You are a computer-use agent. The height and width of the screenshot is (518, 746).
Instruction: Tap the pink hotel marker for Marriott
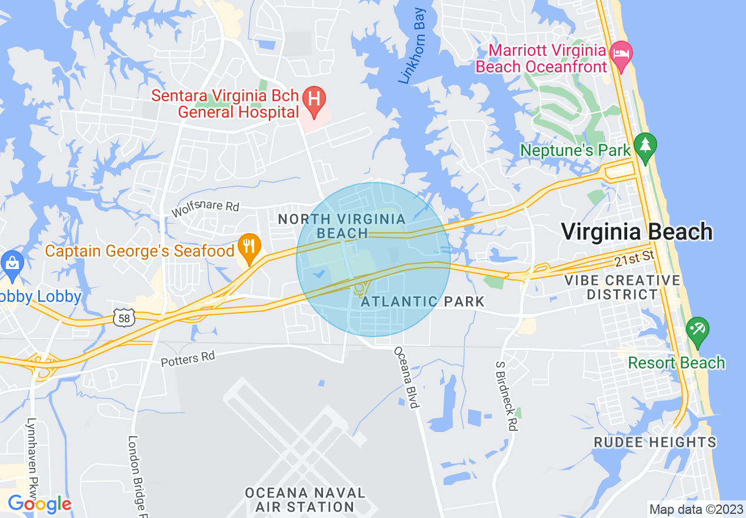tap(621, 55)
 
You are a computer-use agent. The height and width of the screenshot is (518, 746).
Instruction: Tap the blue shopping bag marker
tap(11, 263)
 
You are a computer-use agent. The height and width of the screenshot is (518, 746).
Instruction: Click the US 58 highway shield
tap(126, 318)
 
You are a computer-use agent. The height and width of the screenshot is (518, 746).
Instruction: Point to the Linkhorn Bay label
tap(412, 45)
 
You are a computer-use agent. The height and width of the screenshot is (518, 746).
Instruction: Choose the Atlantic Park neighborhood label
tap(422, 302)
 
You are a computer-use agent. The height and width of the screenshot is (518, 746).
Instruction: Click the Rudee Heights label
tap(655, 442)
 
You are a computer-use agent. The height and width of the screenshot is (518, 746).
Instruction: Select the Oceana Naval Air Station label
tap(305, 499)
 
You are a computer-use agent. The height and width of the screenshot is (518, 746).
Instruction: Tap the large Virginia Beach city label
tap(637, 231)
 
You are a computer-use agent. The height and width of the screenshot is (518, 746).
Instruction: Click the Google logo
tap(39, 504)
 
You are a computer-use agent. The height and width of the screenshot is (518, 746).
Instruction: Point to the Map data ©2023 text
tap(695, 509)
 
